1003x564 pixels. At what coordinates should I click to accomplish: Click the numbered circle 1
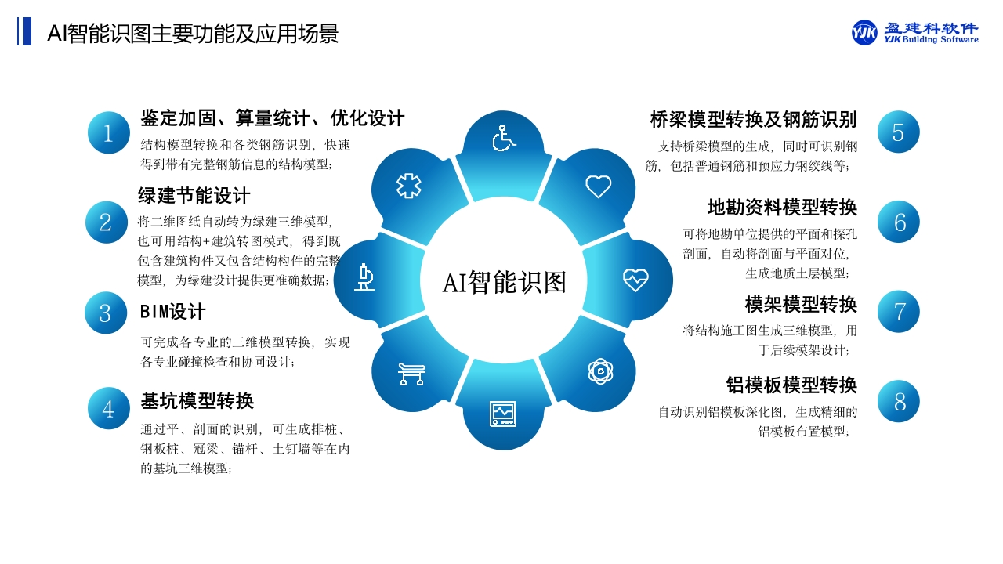click(x=108, y=132)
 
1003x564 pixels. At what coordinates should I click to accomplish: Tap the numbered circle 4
click(x=108, y=408)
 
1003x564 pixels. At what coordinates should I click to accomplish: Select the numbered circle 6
click(x=898, y=222)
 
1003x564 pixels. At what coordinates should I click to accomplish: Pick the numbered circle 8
click(x=898, y=401)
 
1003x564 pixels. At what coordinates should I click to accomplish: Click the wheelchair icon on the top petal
click(x=504, y=139)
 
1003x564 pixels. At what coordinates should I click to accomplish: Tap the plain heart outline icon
click(x=598, y=186)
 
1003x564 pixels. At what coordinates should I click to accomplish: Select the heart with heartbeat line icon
click(x=635, y=280)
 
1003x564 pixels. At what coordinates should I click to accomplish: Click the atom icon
click(x=600, y=371)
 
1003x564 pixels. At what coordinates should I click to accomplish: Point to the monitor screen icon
click(x=503, y=414)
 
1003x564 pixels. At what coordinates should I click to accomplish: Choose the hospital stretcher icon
click(x=411, y=374)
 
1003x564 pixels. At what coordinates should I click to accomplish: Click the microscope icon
click(x=364, y=277)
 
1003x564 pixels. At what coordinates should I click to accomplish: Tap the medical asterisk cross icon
click(x=408, y=186)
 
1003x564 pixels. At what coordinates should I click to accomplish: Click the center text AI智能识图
click(x=504, y=283)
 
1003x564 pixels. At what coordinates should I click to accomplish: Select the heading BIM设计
click(x=173, y=312)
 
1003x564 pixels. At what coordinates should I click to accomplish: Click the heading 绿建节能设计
click(x=194, y=196)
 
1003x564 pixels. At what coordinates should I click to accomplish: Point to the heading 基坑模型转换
click(x=197, y=400)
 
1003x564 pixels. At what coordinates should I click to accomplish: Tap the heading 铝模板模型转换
click(x=791, y=385)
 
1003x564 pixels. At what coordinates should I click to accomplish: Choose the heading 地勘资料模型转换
click(x=782, y=208)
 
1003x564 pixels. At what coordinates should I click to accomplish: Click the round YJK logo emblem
click(x=864, y=32)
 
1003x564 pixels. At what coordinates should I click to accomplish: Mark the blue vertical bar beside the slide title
click(x=26, y=31)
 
